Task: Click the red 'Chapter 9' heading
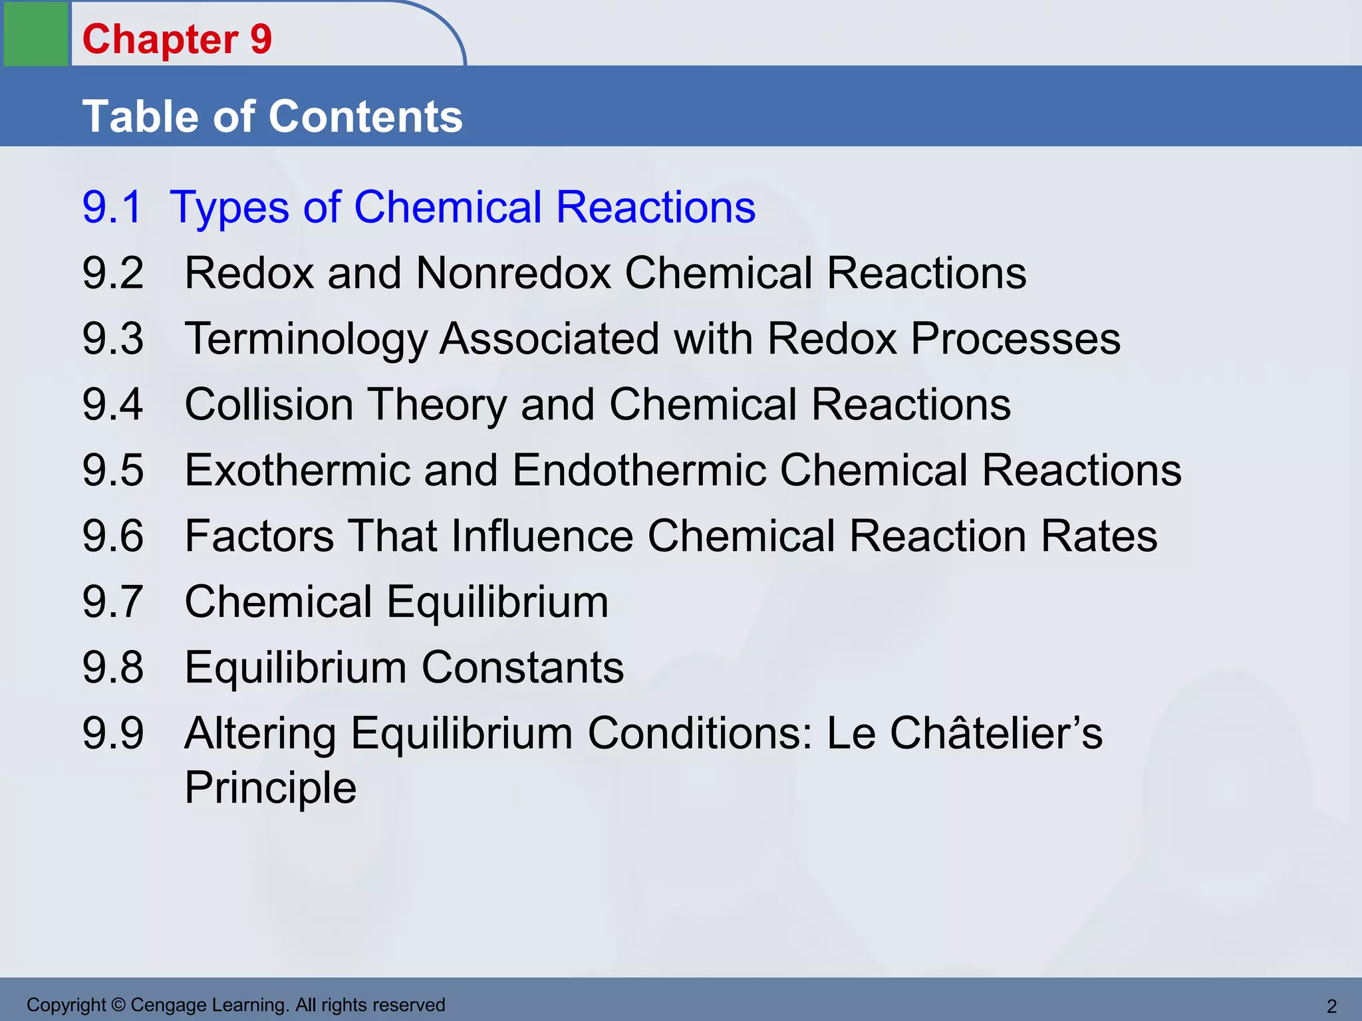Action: click(x=177, y=39)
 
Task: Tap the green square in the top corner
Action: click(x=36, y=33)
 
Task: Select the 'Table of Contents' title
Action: click(x=272, y=116)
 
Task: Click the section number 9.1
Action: click(x=112, y=207)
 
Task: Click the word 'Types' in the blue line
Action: click(x=229, y=208)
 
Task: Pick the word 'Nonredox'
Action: click(x=513, y=273)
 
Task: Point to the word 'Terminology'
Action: click(x=305, y=339)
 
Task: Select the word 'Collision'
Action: click(x=269, y=404)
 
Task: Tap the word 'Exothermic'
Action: click(x=297, y=470)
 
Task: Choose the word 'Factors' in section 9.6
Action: click(x=259, y=536)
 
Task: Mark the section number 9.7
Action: click(x=112, y=602)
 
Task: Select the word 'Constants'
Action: click(x=523, y=667)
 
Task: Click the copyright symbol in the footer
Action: click(x=118, y=1005)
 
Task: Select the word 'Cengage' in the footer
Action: click(x=168, y=1005)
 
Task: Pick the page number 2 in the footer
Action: click(x=1331, y=1006)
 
